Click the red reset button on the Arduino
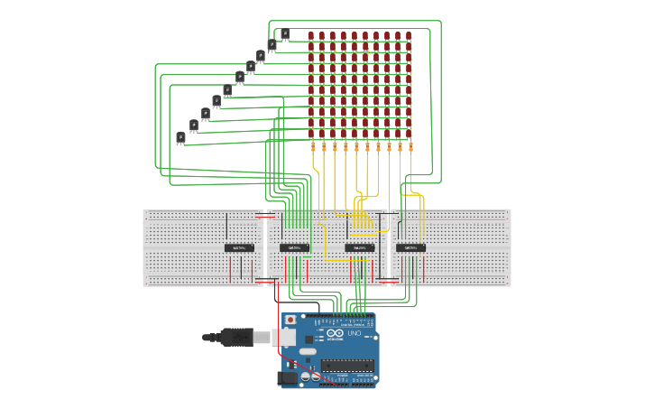click(290, 320)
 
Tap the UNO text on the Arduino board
click(354, 334)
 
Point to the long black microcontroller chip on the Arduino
click(346, 366)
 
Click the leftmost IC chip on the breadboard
click(239, 247)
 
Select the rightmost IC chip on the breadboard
click(410, 247)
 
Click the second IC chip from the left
click(294, 247)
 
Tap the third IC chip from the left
click(360, 247)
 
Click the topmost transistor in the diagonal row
click(285, 34)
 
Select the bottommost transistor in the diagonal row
click(181, 137)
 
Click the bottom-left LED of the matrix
click(311, 132)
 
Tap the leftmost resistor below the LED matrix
click(313, 145)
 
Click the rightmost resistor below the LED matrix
click(410, 145)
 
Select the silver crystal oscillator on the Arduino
click(308, 351)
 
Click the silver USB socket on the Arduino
click(286, 337)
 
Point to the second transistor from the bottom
click(194, 125)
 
